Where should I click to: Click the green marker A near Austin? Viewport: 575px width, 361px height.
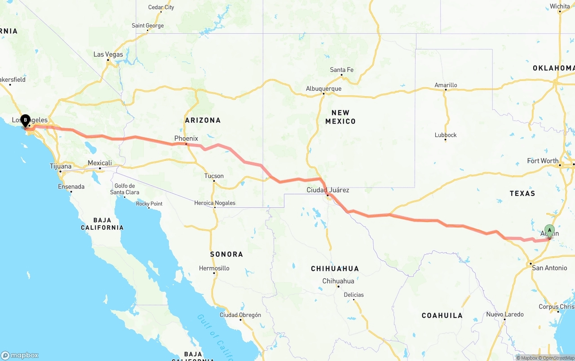coord(549,231)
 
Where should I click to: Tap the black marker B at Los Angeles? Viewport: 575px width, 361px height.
coord(25,120)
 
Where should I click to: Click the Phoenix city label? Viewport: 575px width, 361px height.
coord(186,138)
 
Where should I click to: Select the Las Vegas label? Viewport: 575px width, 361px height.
coord(108,54)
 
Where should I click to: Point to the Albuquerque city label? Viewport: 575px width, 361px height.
coord(323,89)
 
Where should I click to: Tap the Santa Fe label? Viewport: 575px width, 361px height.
coord(341,70)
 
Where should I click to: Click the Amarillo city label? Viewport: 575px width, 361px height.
coord(446,85)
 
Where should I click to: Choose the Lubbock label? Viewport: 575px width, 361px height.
coord(446,135)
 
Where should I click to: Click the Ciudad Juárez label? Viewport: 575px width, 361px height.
coord(327,190)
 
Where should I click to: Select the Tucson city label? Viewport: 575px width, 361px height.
coord(214,176)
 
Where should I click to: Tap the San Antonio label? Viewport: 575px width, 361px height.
coord(549,268)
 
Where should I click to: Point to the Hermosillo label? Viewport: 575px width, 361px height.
coord(214,268)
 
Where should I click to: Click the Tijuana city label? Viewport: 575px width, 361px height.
coord(60,166)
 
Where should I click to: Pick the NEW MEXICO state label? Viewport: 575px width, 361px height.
coord(340,117)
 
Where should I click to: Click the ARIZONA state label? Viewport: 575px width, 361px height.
coord(203,120)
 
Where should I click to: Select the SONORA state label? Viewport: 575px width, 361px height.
coord(226,254)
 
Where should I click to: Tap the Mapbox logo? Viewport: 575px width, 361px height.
coord(20,355)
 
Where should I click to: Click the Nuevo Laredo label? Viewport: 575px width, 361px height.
coord(504,314)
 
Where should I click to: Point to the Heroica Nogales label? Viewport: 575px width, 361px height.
coord(215,203)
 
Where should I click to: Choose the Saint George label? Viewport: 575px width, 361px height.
coord(147,26)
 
